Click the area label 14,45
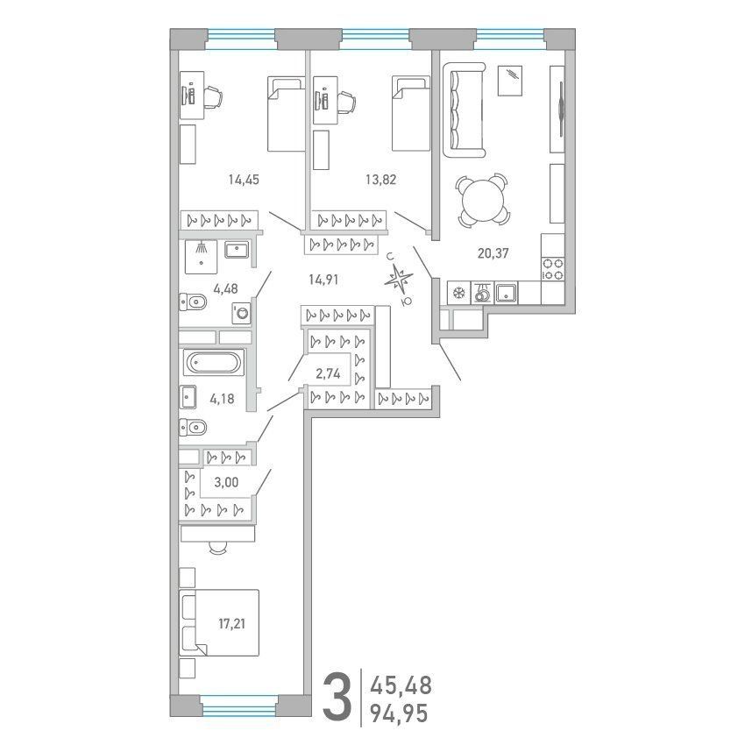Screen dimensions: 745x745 pyautogui.click(x=244, y=180)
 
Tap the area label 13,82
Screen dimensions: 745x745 pyautogui.click(x=380, y=180)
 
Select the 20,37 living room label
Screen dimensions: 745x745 pyautogui.click(x=493, y=253)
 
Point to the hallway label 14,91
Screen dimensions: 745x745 pyautogui.click(x=323, y=280)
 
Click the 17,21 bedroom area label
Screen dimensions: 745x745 pyautogui.click(x=232, y=624)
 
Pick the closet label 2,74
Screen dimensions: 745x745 pyautogui.click(x=329, y=374)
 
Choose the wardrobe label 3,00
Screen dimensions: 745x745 pyautogui.click(x=226, y=482)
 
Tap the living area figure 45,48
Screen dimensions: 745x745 pyautogui.click(x=401, y=685)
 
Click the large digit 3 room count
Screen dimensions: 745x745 pyautogui.click(x=337, y=699)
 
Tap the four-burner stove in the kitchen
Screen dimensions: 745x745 pyautogui.click(x=553, y=269)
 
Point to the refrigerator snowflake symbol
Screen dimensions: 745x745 pyautogui.click(x=458, y=293)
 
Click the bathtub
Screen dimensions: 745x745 pyautogui.click(x=214, y=363)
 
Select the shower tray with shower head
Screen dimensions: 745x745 pyautogui.click(x=201, y=257)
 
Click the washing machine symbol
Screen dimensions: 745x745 pyautogui.click(x=242, y=314)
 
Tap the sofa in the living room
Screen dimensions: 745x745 pyautogui.click(x=465, y=110)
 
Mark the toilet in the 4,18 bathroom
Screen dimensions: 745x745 pyautogui.click(x=193, y=428)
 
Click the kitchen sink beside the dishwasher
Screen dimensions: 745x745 pyautogui.click(x=507, y=293)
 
